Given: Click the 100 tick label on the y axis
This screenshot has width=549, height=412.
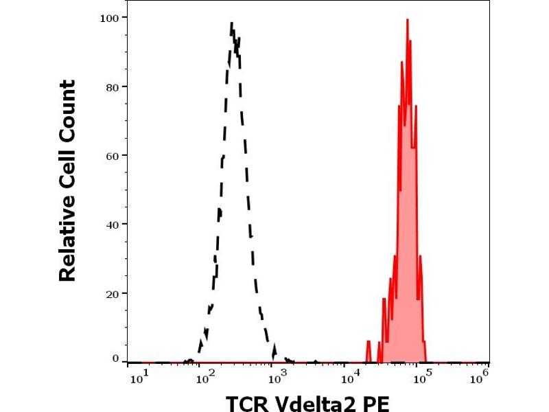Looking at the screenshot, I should point(108,16).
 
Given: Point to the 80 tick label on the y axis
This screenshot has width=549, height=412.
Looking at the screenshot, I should point(110,87).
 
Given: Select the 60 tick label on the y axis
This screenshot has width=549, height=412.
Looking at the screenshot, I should point(110,155).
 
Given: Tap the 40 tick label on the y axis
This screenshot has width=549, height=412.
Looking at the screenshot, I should point(110,224).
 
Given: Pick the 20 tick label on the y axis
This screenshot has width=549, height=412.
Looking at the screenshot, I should point(110,293).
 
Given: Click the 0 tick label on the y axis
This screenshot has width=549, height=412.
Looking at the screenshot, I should point(114,358).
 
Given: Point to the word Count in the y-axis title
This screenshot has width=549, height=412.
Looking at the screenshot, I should point(67,111).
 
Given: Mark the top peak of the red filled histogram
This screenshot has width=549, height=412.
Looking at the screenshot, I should point(407,20).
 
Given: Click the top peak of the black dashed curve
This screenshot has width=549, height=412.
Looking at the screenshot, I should point(232,24).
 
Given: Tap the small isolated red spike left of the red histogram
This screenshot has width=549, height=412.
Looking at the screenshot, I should point(369,343).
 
